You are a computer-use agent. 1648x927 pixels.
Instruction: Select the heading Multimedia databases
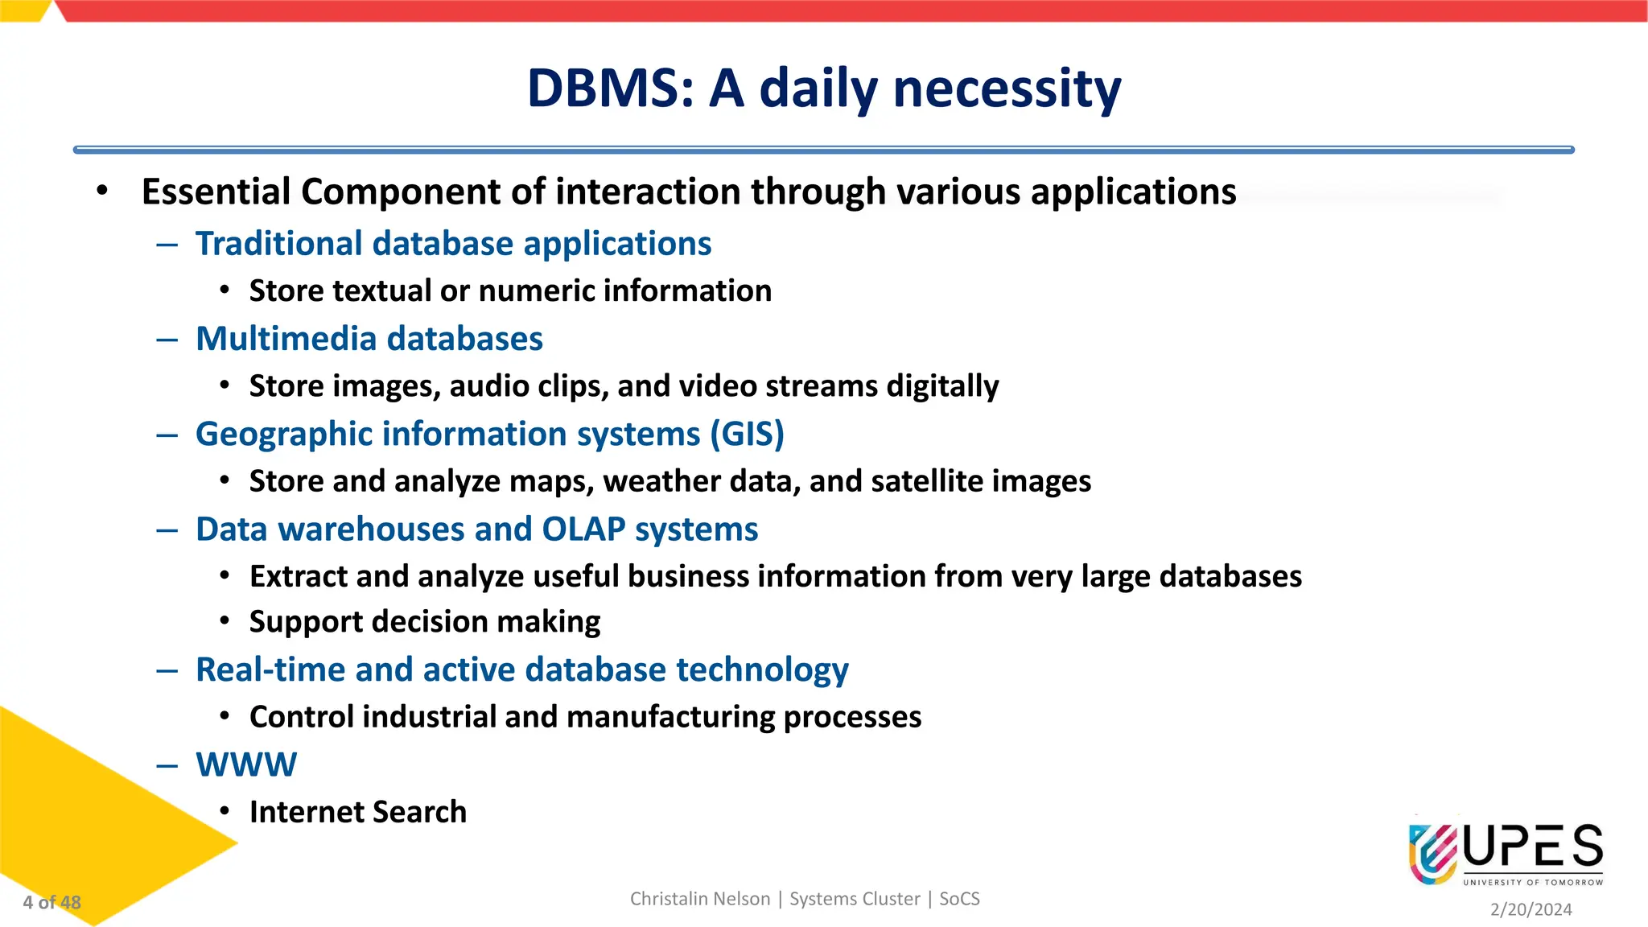(x=369, y=339)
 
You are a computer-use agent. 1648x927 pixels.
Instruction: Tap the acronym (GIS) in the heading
(x=747, y=434)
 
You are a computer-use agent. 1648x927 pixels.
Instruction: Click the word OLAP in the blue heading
(x=583, y=529)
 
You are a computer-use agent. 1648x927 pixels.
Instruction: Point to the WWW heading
(x=246, y=764)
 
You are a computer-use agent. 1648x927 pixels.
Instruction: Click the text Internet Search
(x=358, y=812)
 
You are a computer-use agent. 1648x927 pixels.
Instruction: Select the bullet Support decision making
(x=425, y=622)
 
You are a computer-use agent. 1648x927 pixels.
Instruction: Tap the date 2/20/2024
(x=1531, y=909)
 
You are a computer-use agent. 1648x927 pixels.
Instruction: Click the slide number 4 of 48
(x=52, y=903)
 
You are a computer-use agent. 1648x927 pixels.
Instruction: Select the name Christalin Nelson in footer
(x=699, y=899)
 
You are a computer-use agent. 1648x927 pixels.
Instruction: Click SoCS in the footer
(x=959, y=899)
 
